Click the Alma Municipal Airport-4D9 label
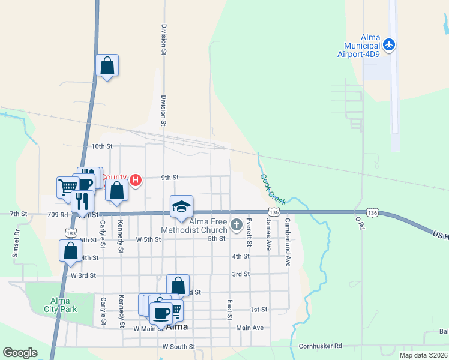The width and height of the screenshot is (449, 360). pyautogui.click(x=362, y=46)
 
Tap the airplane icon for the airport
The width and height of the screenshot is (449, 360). pyautogui.click(x=389, y=44)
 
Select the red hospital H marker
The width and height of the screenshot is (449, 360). pyautogui.click(x=136, y=179)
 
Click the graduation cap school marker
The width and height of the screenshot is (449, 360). pyautogui.click(x=181, y=207)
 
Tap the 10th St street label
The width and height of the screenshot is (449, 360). pyautogui.click(x=101, y=146)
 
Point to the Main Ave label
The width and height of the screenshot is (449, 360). pyautogui.click(x=250, y=328)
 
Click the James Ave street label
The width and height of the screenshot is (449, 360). pyautogui.click(x=268, y=233)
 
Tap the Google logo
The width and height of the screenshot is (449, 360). pyautogui.click(x=20, y=353)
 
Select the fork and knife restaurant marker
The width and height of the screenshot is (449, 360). pyautogui.click(x=82, y=201)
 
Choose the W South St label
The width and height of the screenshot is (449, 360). pyautogui.click(x=178, y=347)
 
